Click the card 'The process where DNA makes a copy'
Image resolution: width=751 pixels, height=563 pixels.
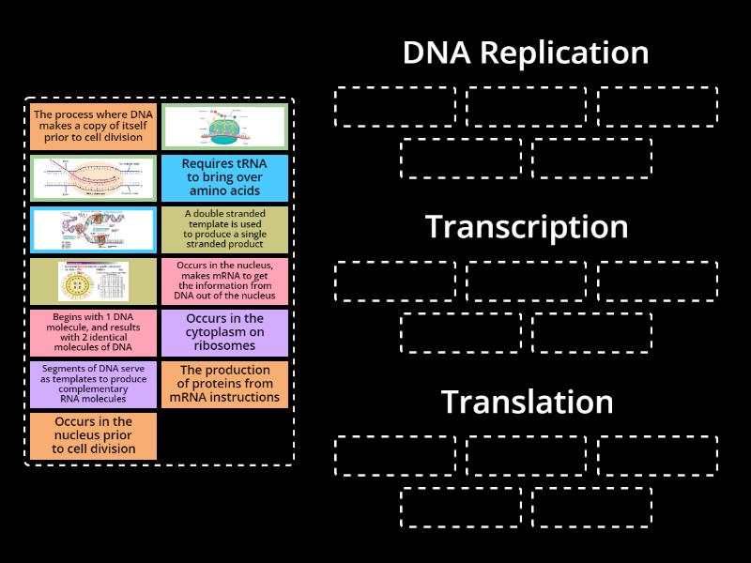coord(93,126)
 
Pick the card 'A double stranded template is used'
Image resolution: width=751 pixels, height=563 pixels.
coord(224,229)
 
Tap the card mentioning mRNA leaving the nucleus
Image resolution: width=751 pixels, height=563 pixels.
coord(224,281)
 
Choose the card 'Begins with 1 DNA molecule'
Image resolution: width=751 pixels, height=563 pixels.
coord(93,332)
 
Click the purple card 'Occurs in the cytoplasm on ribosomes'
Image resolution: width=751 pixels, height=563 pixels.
coord(224,332)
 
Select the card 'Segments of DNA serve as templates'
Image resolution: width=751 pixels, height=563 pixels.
coord(93,384)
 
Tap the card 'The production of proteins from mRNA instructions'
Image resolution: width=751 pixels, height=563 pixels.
coord(224,384)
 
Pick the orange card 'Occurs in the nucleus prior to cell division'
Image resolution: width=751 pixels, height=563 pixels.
coord(93,435)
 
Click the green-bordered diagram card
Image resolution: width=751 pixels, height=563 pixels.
coord(224,126)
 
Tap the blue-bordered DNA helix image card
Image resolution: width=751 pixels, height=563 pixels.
coord(93,229)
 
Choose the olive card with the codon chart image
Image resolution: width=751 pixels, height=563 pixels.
coord(93,281)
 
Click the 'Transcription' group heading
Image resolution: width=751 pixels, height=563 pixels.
coord(526,227)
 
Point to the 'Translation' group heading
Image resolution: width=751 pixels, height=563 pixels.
coord(526,402)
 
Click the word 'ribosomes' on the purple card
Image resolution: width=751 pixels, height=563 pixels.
coord(224,345)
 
